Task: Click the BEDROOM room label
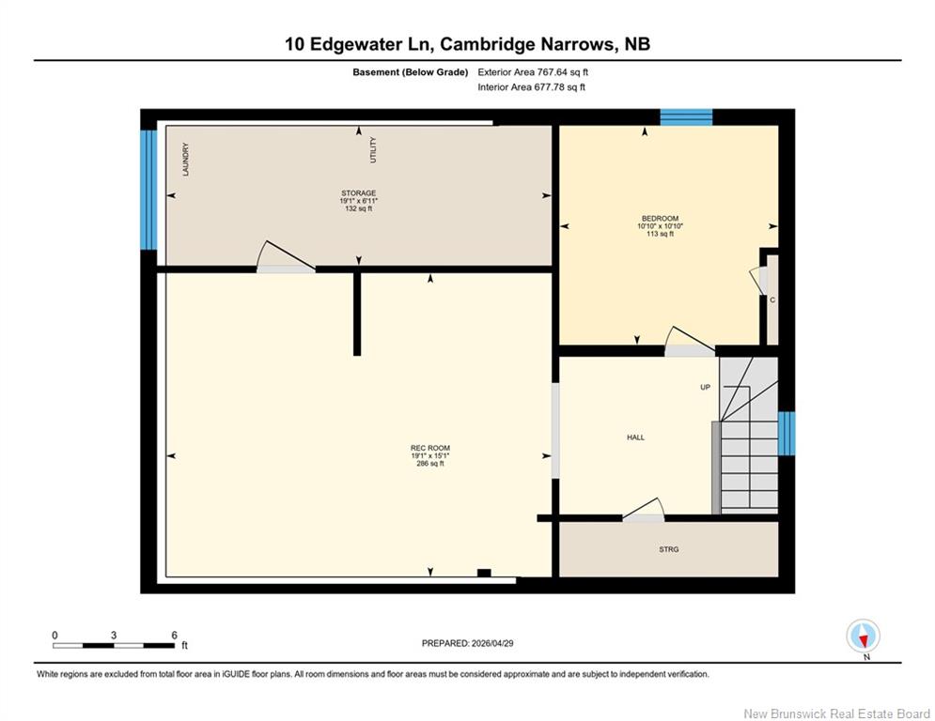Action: pyautogui.click(x=660, y=219)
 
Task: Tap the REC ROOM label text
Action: pyautogui.click(x=430, y=448)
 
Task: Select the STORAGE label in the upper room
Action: pyautogui.click(x=358, y=193)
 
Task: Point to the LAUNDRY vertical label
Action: pyautogui.click(x=185, y=159)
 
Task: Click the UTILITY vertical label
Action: pyautogui.click(x=373, y=150)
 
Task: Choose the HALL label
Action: pyautogui.click(x=635, y=437)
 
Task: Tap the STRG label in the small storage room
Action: pyautogui.click(x=668, y=549)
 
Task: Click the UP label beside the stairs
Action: pyautogui.click(x=706, y=388)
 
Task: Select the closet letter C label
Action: pyautogui.click(x=772, y=299)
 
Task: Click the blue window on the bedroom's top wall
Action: pyautogui.click(x=686, y=117)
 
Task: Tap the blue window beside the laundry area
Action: pyautogui.click(x=148, y=190)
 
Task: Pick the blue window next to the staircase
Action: pyautogui.click(x=787, y=433)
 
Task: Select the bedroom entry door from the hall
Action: pyautogui.click(x=690, y=342)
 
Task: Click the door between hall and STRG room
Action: pyautogui.click(x=644, y=511)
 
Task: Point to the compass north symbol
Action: pyautogui.click(x=863, y=637)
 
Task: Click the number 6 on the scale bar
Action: pyautogui.click(x=174, y=636)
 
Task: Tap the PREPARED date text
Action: pyautogui.click(x=468, y=643)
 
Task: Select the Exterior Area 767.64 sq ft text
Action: pyautogui.click(x=533, y=72)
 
